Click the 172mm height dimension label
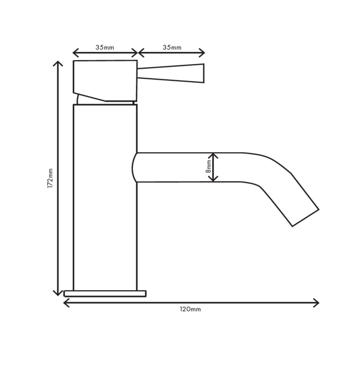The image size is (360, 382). pyautogui.click(x=50, y=178)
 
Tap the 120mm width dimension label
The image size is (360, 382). pyautogui.click(x=190, y=309)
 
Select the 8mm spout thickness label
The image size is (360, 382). pyautogui.click(x=208, y=166)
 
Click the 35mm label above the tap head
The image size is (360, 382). pyautogui.click(x=105, y=48)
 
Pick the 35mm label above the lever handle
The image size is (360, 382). pyautogui.click(x=172, y=48)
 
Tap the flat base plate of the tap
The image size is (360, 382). pyautogui.click(x=105, y=294)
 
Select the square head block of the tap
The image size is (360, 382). pyautogui.click(x=105, y=79)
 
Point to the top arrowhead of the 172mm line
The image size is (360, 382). pyautogui.click(x=58, y=63)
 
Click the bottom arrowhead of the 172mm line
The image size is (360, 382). pyautogui.click(x=58, y=293)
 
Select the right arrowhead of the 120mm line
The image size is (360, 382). pyautogui.click(x=316, y=303)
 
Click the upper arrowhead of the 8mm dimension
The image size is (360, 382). pyautogui.click(x=213, y=155)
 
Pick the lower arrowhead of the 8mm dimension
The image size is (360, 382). pyautogui.click(x=213, y=179)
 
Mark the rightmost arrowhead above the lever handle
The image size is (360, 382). pyautogui.click(x=203, y=53)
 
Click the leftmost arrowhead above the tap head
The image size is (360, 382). pyautogui.click(x=75, y=53)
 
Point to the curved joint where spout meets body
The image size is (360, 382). pyautogui.click(x=135, y=168)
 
